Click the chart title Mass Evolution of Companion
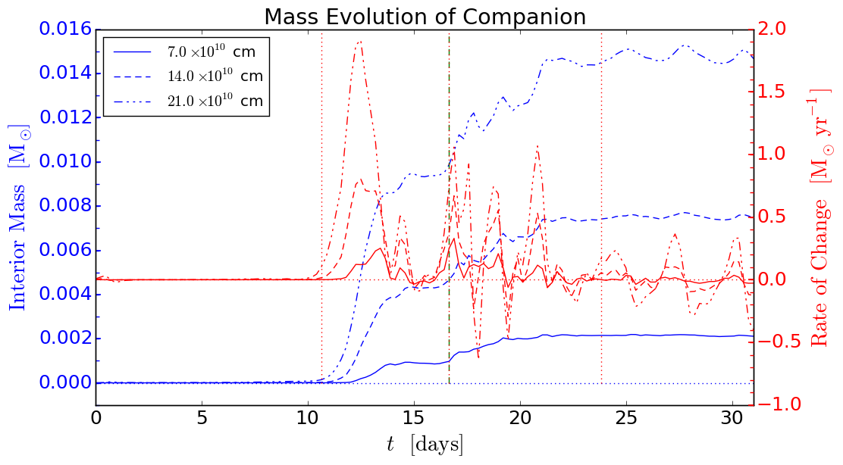425,16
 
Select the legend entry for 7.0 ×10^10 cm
190,52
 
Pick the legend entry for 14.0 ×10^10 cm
190,76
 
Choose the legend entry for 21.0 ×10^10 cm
190,101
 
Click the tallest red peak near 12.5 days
359,42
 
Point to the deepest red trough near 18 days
478,357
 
